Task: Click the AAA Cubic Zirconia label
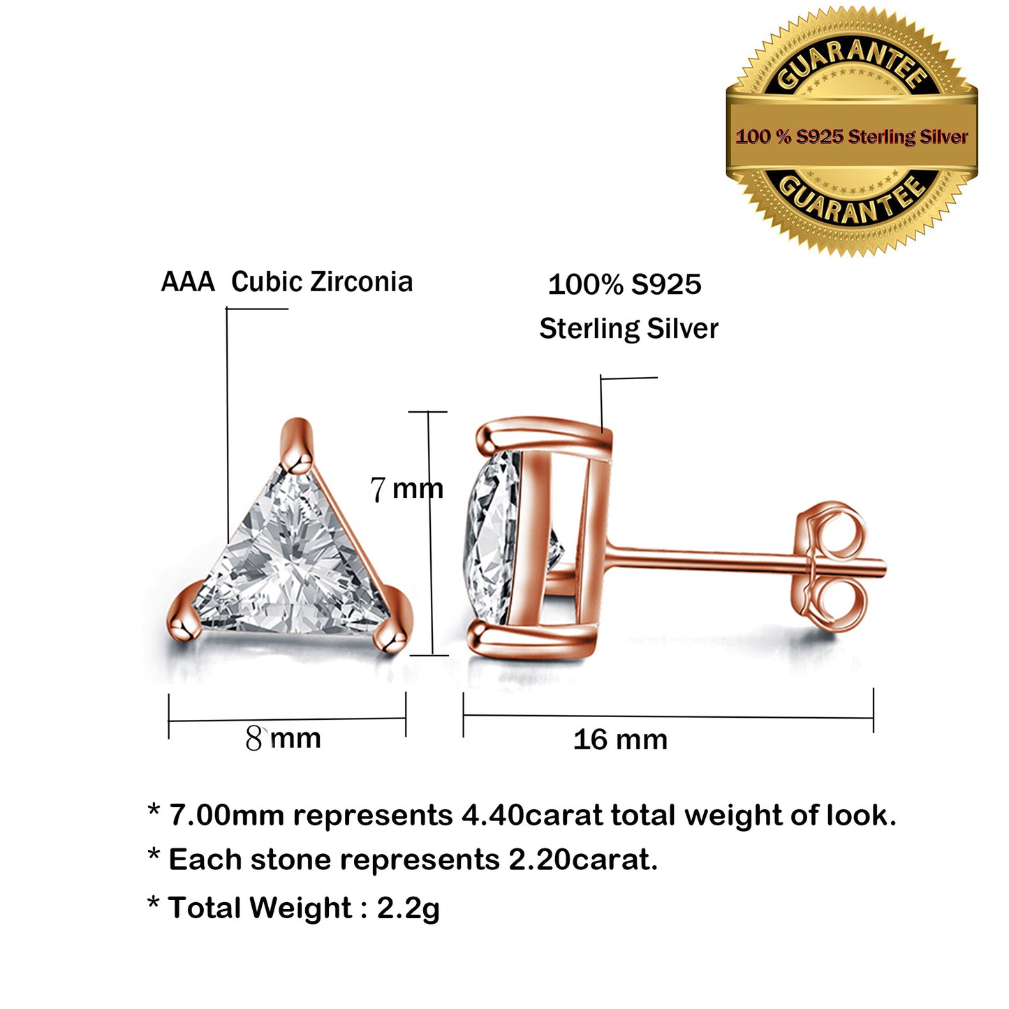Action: tap(286, 281)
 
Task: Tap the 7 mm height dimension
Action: tap(407, 489)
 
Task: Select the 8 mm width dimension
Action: tap(283, 738)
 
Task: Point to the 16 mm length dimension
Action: tap(621, 740)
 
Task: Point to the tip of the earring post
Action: tap(885, 568)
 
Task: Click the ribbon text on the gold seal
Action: tap(852, 137)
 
